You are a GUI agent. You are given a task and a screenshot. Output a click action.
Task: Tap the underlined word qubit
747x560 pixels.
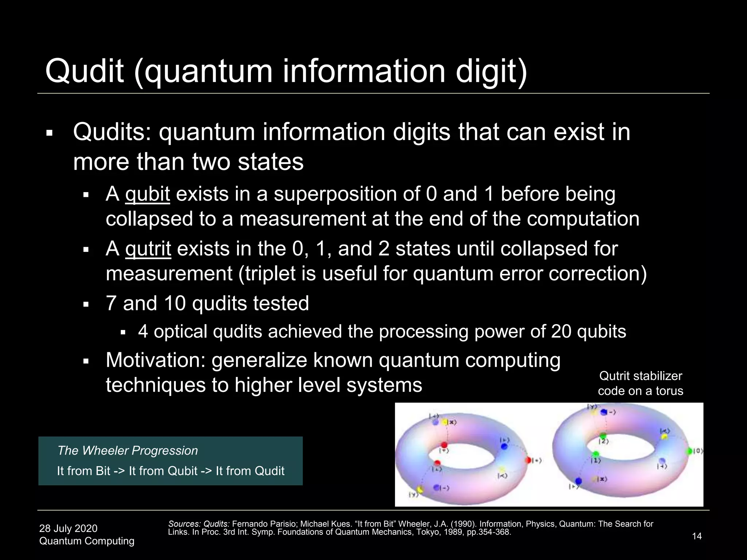[x=147, y=194]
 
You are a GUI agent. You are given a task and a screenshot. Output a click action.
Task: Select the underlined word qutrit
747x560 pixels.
[x=148, y=249]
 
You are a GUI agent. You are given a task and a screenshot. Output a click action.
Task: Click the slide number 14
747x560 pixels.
[x=697, y=536]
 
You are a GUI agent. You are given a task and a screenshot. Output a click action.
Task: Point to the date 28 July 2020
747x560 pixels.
[x=68, y=528]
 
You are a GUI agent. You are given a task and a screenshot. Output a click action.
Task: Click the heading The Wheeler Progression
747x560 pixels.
[x=128, y=451]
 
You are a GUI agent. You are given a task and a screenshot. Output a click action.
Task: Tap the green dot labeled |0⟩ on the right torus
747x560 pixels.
[x=689, y=451]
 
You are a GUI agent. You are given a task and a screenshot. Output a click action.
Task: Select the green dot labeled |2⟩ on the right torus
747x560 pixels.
[x=603, y=436]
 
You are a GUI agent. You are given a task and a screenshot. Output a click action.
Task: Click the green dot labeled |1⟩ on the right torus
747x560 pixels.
[x=596, y=454]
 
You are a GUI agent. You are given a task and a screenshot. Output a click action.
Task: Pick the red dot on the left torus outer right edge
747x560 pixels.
[x=529, y=460]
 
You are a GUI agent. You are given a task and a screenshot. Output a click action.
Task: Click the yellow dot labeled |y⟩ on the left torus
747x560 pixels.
[x=420, y=489]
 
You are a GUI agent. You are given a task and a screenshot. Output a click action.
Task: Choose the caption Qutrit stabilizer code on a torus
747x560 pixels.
[x=640, y=383]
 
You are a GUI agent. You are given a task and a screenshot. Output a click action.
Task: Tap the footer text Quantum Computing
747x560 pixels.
[x=87, y=541]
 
